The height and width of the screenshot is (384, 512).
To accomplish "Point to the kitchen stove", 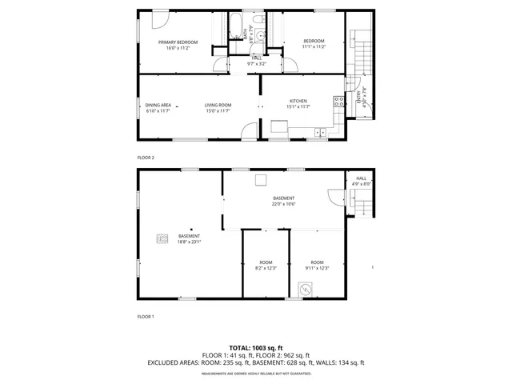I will point(338,101).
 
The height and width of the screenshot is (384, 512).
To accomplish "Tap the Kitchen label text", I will point(298,101).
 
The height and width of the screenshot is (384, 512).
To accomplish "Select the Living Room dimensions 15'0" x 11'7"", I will point(217,110).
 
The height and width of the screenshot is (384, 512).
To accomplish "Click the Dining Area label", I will point(158,105).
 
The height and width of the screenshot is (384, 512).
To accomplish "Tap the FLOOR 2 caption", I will point(146,158).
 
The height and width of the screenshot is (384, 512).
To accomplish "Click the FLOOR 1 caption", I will point(146,317).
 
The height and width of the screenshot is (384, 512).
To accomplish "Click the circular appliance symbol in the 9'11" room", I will point(305,289).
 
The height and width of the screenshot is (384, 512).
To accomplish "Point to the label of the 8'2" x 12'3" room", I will point(266,265).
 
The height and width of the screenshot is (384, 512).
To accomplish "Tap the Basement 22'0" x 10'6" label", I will point(283,201).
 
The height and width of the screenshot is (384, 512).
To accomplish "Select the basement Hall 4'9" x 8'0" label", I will point(360,182).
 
